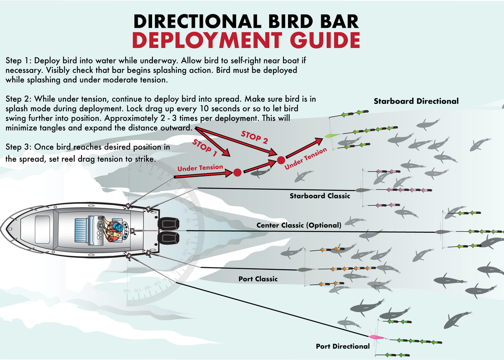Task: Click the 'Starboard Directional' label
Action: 416,101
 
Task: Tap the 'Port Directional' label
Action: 343,346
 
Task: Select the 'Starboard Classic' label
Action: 320,196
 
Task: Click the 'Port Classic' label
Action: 258,279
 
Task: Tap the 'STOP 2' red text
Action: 254,138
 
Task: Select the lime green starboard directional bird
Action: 331,136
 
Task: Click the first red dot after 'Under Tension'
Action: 237,172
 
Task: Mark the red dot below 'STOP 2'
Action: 280,160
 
